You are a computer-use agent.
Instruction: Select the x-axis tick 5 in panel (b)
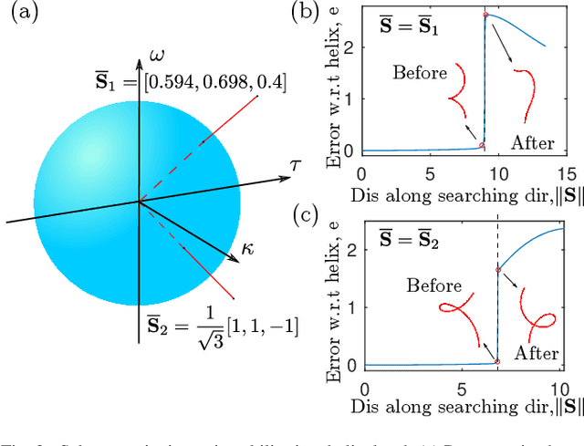(x=429, y=174)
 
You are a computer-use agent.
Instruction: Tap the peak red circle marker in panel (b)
(x=485, y=16)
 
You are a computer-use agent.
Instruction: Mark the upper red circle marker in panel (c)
(x=498, y=269)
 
